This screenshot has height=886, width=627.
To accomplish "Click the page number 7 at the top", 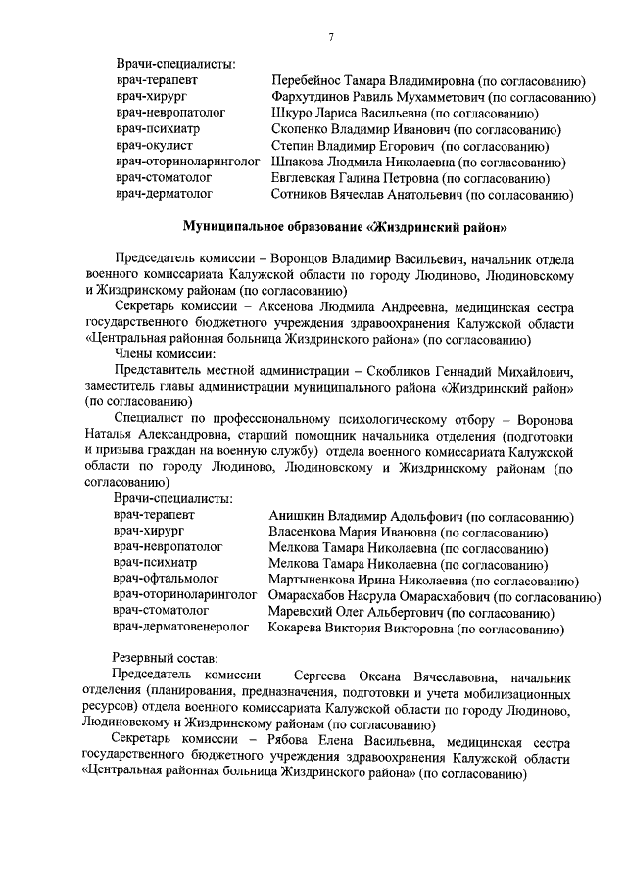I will [332, 37].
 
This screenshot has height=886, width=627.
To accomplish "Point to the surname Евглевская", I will [306, 178].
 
